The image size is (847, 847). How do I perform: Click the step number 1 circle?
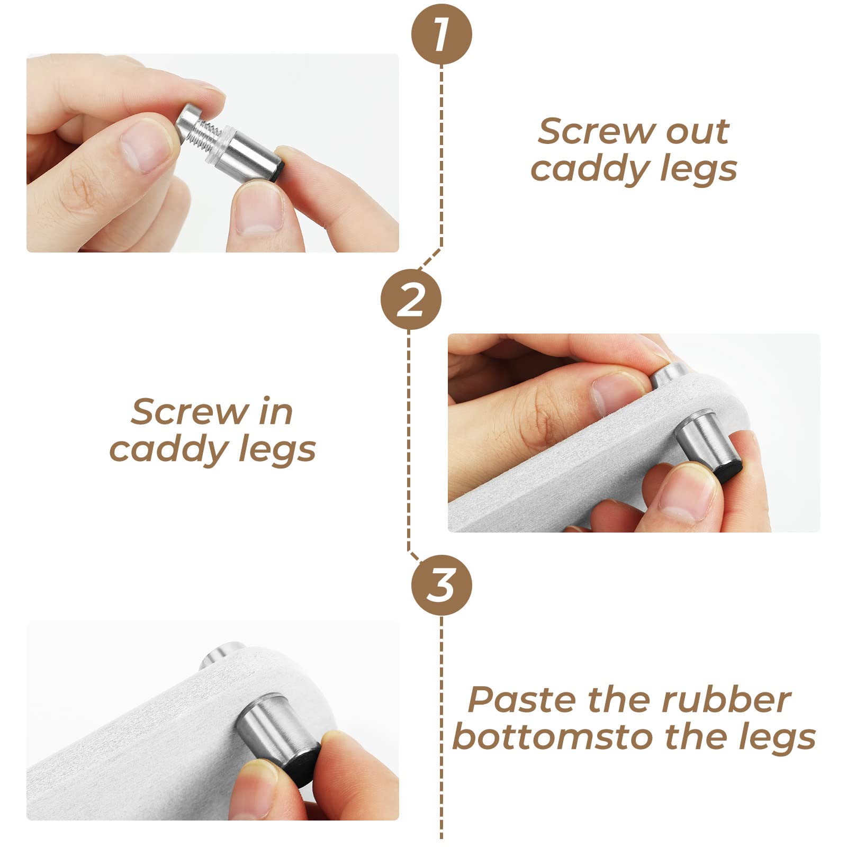click(441, 35)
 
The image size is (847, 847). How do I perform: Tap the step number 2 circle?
click(411, 300)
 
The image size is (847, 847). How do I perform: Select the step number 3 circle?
click(441, 585)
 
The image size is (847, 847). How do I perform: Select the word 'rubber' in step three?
click(726, 700)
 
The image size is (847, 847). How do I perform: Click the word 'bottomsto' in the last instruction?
click(553, 737)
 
